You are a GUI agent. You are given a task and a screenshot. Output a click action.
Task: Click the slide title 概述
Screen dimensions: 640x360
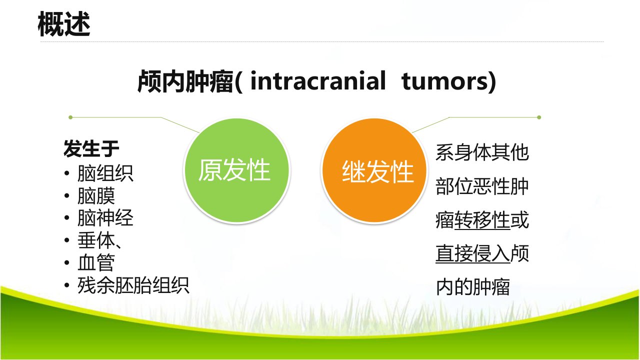pos(64,24)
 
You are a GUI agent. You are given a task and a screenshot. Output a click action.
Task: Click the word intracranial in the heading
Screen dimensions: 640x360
pos(318,81)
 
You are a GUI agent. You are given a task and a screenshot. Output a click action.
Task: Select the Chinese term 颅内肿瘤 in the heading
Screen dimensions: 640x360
pos(185,81)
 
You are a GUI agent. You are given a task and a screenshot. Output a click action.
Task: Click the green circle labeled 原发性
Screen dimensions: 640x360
pos(237,170)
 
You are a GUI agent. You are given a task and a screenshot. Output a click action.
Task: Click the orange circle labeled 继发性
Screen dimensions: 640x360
pos(374,170)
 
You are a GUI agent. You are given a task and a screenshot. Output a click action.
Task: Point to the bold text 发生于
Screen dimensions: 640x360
pos(91,148)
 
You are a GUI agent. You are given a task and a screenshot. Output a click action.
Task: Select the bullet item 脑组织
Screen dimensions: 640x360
pos(105,173)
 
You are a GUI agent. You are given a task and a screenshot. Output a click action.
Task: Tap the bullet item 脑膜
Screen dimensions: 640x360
pos(96,195)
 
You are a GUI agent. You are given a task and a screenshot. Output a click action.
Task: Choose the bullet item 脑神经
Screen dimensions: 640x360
pos(105,218)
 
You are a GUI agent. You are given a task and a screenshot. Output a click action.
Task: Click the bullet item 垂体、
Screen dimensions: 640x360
pos(99,240)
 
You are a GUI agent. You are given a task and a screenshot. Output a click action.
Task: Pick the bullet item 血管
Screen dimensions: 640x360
pos(96,263)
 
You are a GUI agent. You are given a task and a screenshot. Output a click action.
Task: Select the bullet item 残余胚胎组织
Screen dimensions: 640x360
pos(133,285)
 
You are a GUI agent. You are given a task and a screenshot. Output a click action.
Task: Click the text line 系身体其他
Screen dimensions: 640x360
pos(482,152)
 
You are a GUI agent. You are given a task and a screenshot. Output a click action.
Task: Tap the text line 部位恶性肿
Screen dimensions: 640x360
pos(482,186)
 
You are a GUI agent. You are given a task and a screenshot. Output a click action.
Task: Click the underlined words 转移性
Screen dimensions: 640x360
pos(482,220)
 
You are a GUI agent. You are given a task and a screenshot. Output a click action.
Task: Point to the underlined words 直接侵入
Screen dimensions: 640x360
pos(473,253)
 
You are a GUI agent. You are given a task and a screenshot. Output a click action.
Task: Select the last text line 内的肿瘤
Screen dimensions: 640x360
pos(473,287)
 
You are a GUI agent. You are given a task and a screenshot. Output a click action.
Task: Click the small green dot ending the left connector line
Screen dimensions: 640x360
pos(70,117)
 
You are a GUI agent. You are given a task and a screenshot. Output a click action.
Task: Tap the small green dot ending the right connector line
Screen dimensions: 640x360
pos(539,117)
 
